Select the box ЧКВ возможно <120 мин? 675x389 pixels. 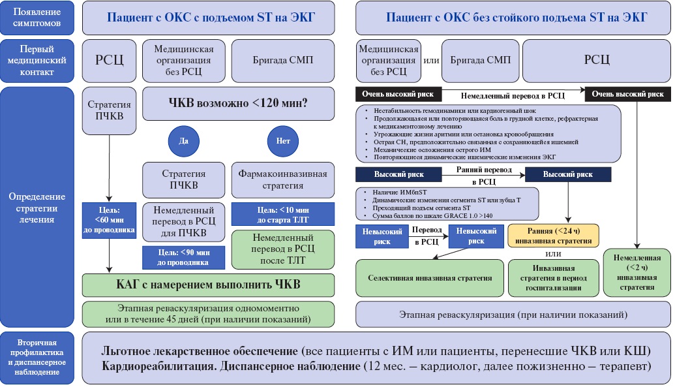point(239,103)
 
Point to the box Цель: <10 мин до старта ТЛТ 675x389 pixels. point(283,214)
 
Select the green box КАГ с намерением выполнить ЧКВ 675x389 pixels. point(209,285)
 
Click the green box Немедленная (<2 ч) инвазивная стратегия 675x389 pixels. point(637,272)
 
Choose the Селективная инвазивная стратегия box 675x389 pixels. point(430,278)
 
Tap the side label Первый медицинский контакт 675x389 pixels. point(39,60)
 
